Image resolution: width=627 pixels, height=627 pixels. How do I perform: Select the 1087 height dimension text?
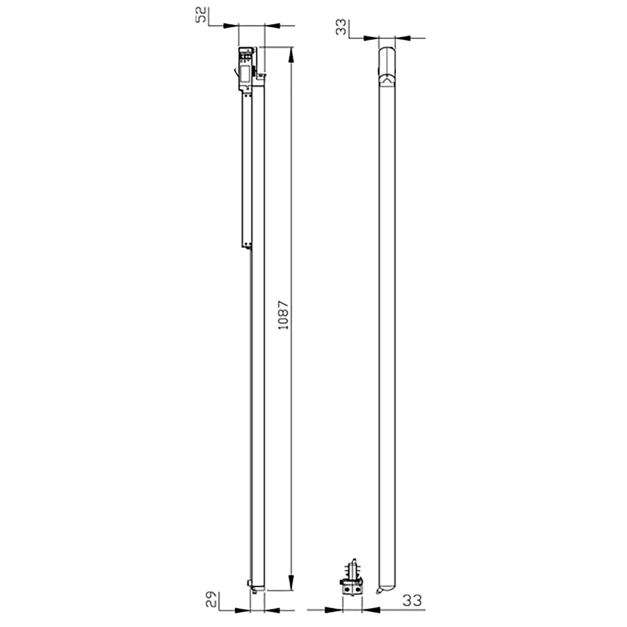coord(283,315)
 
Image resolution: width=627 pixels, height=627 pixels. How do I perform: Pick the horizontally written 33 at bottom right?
coord(412,600)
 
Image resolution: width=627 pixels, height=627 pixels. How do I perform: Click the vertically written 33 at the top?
coord(342,27)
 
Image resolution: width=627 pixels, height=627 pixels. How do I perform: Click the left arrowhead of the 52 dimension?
coord(232,25)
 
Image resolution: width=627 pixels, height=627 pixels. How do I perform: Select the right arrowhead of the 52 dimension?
coord(272,25)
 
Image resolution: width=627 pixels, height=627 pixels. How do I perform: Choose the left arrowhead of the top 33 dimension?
coord(372,38)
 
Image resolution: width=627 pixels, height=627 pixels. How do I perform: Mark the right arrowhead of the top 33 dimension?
coord(402,38)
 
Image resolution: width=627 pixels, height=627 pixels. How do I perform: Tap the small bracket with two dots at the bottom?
coord(352,588)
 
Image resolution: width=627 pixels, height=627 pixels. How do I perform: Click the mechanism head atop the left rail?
coord(248,69)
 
